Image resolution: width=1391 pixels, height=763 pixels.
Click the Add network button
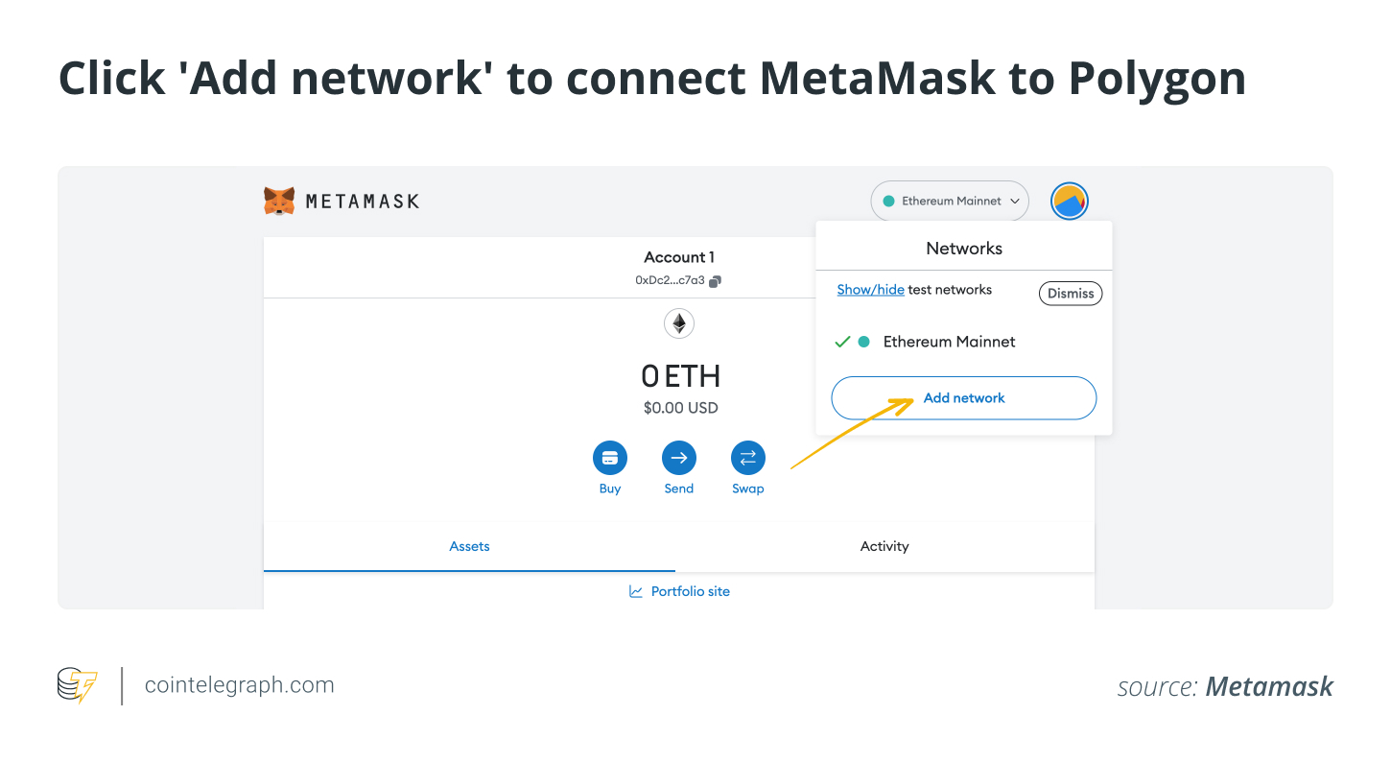pyautogui.click(x=963, y=398)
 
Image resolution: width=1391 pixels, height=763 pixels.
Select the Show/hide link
pyautogui.click(x=870, y=290)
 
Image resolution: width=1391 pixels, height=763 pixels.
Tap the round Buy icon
pyautogui.click(x=610, y=459)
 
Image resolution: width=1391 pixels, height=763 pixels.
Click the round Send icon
pyautogui.click(x=679, y=459)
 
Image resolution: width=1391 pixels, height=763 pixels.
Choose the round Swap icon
pyautogui.click(x=748, y=459)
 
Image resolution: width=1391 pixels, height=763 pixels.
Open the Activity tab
pyautogui.click(x=884, y=546)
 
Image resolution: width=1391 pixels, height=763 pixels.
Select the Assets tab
pyautogui.click(x=469, y=546)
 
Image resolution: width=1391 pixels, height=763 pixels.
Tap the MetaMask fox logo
pyautogui.click(x=279, y=201)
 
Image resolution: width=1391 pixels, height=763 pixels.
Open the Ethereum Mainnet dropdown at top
pyautogui.click(x=950, y=202)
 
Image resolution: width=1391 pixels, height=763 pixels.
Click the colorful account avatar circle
pyautogui.click(x=1069, y=202)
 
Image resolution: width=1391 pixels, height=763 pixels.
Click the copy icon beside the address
pyautogui.click(x=715, y=281)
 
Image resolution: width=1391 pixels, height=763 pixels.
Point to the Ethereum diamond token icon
pyautogui.click(x=679, y=323)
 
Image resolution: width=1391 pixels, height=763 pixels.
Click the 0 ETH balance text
pyautogui.click(x=680, y=375)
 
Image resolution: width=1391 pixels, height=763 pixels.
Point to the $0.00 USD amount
pyautogui.click(x=680, y=408)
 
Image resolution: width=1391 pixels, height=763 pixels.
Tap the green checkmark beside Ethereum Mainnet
pyautogui.click(x=842, y=342)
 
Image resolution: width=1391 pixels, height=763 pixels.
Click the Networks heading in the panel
pyautogui.click(x=963, y=249)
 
